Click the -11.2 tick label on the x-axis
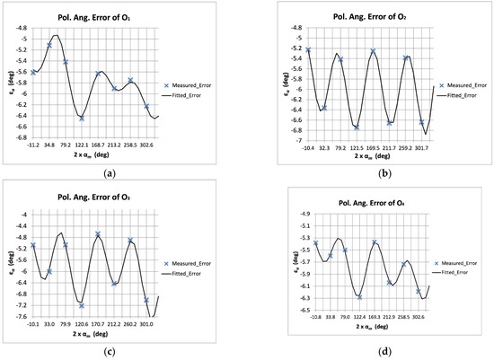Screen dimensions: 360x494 click(33, 144)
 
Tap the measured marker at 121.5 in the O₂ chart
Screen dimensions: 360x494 click(357, 127)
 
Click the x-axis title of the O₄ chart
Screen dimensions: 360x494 click(375, 330)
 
